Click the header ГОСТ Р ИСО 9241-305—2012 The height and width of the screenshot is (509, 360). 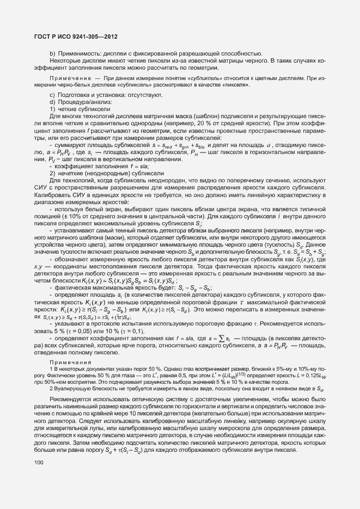tap(72, 36)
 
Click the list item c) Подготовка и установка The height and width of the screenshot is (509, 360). tap(102, 95)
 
